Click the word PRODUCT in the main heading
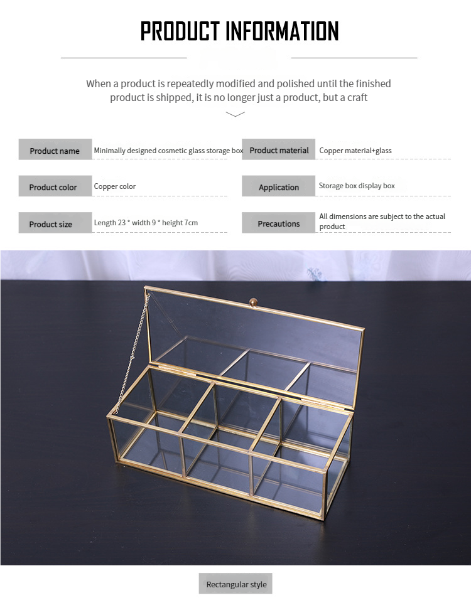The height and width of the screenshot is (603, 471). pos(180,31)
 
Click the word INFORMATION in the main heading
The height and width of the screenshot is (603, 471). pos(282,31)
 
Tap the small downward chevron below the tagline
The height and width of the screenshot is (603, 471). pos(235,114)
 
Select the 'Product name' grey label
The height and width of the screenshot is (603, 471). pos(55,149)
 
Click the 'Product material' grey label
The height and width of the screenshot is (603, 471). pos(279,149)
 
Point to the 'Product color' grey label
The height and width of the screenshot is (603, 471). pos(55,186)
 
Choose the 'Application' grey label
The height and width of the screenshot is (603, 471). pos(279,186)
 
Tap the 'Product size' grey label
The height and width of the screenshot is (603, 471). pos(55,223)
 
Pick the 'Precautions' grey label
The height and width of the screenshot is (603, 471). pos(279,223)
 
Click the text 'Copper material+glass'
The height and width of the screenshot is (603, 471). pos(355,151)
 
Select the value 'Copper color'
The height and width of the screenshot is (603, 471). pos(115,186)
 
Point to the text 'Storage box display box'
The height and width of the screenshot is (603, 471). pos(357,186)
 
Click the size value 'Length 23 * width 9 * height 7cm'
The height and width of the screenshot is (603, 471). pos(146,223)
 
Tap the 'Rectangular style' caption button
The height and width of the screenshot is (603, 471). pos(235,584)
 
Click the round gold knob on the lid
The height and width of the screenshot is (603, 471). pos(253,302)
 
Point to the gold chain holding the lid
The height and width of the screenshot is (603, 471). pos(133,352)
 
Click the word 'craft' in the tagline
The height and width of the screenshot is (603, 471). pos(357,98)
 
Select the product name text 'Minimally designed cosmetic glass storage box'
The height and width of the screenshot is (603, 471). pos(168,151)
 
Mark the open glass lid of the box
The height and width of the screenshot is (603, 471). pos(254,347)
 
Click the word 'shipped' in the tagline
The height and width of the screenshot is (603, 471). pos(175,98)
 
